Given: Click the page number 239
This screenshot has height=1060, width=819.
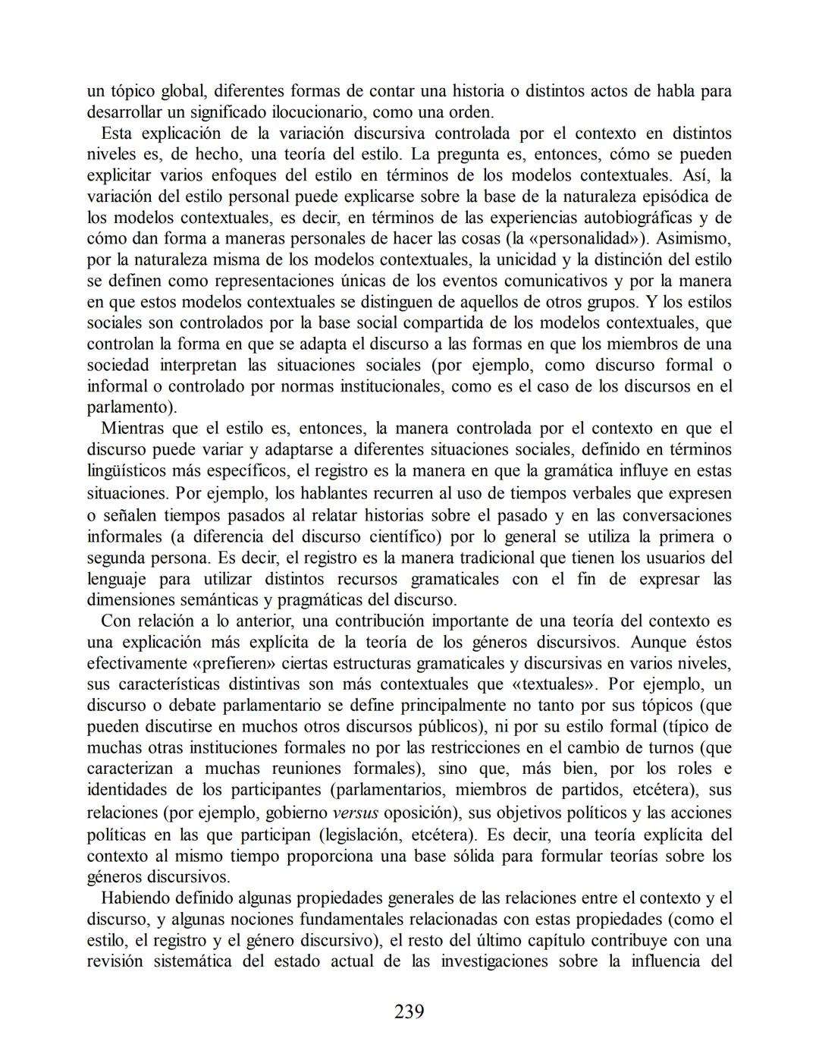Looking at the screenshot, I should tap(409, 1011).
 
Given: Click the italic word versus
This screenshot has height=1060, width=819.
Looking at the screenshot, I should tap(356, 813).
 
